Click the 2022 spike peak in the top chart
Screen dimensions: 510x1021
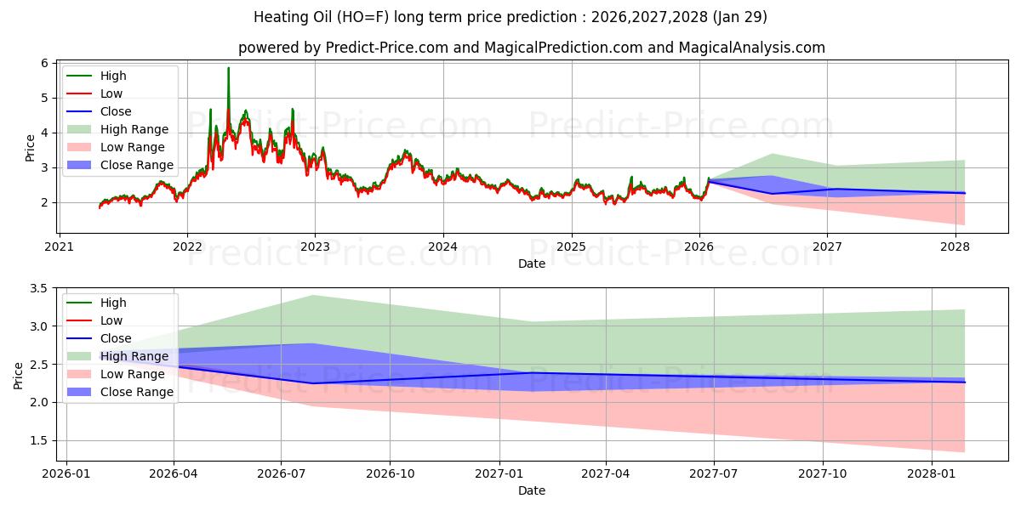(x=228, y=68)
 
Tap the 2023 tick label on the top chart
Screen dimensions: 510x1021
(x=315, y=246)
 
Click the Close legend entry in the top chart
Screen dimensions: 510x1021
(x=116, y=111)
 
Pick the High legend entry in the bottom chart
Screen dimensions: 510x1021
(x=113, y=303)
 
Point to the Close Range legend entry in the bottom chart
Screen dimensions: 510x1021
(x=137, y=392)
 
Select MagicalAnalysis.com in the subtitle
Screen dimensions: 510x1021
(x=751, y=48)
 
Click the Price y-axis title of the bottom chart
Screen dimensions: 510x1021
(x=19, y=374)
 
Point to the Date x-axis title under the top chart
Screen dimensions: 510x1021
(x=532, y=263)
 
